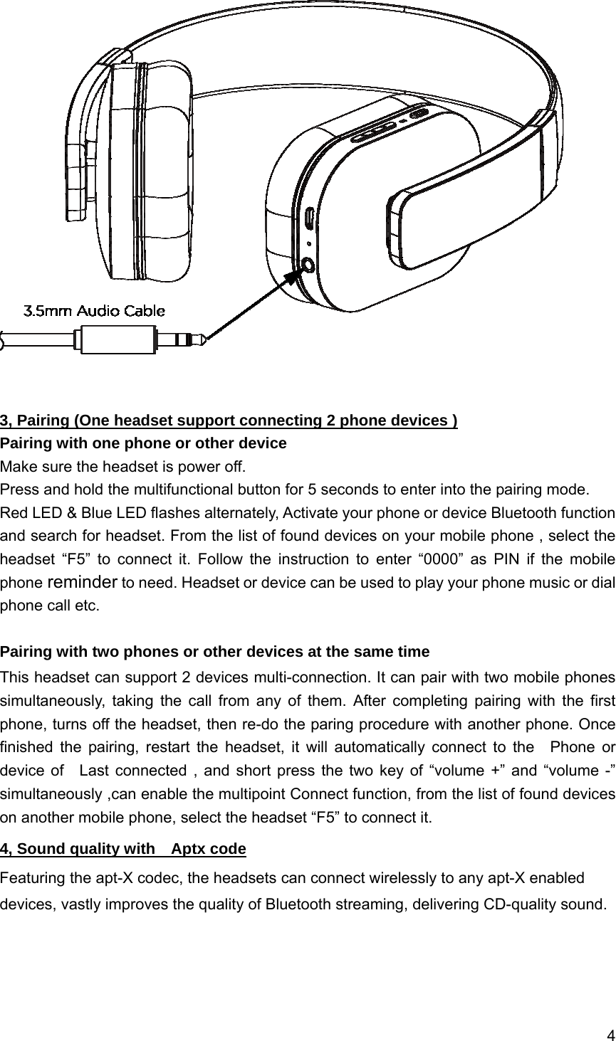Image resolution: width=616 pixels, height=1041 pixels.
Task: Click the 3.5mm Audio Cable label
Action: tap(95, 311)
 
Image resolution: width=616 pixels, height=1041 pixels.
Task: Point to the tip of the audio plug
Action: tap(202, 339)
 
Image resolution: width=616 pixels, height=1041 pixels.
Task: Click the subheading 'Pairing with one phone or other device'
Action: tap(143, 444)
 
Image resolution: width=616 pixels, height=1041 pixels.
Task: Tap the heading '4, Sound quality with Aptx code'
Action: tap(123, 849)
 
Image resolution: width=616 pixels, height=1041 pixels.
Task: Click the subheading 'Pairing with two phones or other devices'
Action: tap(214, 652)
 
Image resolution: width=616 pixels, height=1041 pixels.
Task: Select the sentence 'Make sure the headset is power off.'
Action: tap(123, 467)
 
